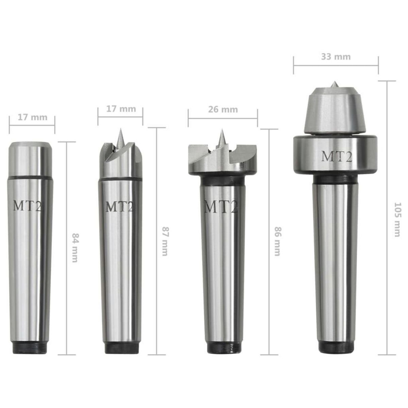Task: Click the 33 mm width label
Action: point(336,57)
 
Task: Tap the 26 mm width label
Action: point(222,109)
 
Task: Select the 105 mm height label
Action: point(396,220)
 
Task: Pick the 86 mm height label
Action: point(277,241)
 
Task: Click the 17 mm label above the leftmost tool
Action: point(32,117)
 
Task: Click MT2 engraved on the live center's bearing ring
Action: point(337,157)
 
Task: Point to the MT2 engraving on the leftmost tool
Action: point(28,206)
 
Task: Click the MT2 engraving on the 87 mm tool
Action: point(119,207)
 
